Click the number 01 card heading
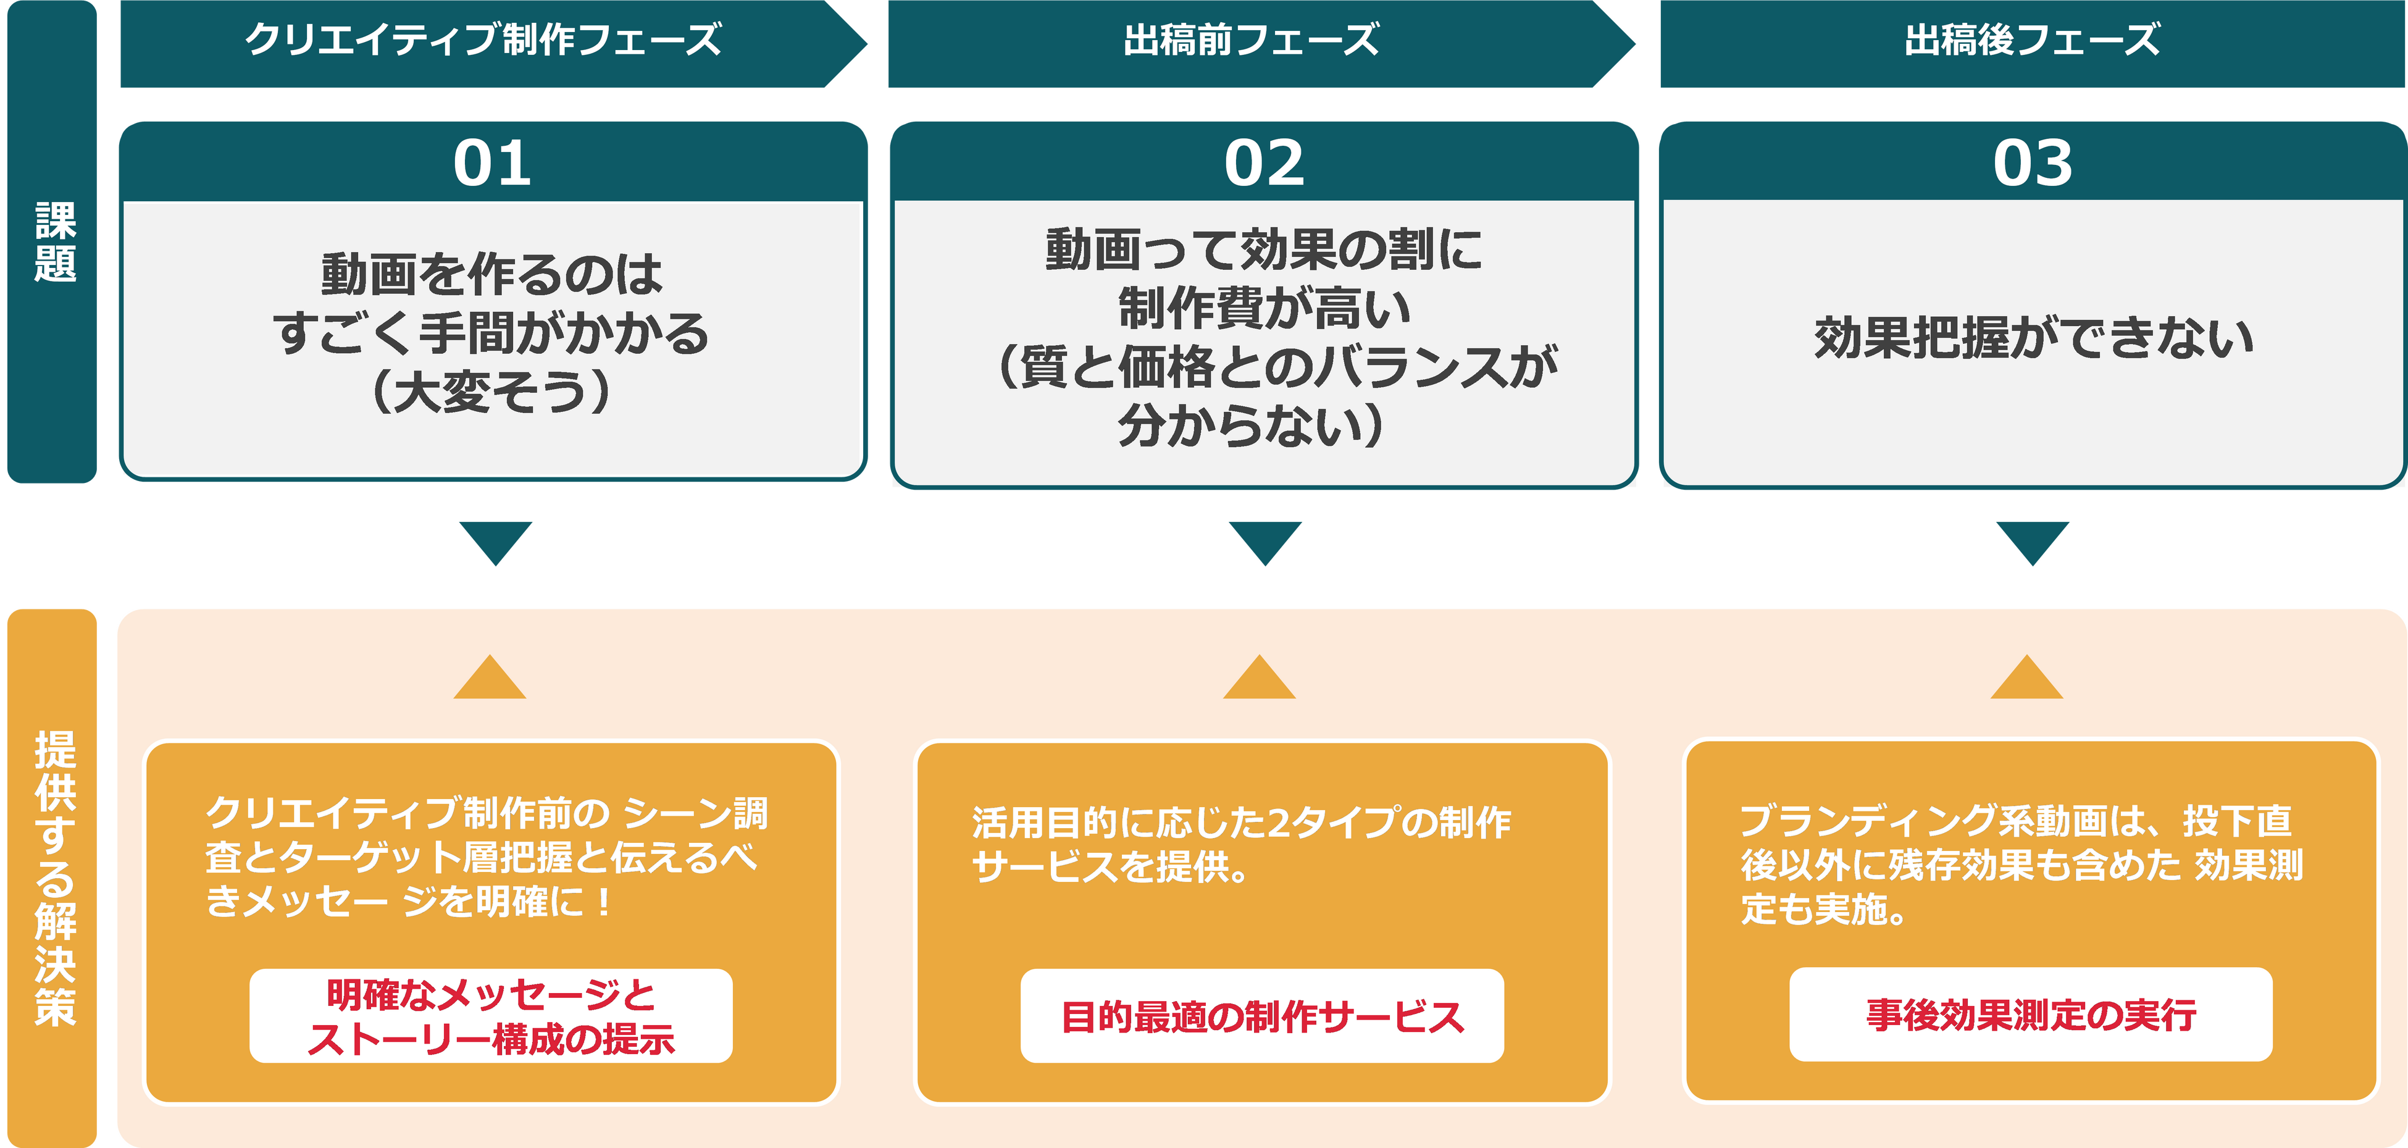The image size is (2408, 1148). [x=493, y=164]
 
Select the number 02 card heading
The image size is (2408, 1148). [x=1264, y=164]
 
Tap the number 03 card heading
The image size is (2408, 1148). [x=2032, y=164]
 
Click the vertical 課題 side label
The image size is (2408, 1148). [x=54, y=241]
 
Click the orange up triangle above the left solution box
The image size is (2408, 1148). [x=490, y=680]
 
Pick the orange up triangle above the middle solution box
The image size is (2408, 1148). [x=1259, y=680]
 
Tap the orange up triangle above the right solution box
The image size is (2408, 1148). [x=2026, y=680]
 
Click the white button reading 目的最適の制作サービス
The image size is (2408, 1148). [x=1262, y=1016]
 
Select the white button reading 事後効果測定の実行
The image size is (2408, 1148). [x=2030, y=1015]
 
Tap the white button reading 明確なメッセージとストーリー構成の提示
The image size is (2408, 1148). [x=491, y=1016]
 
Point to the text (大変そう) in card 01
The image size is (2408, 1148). [x=491, y=392]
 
